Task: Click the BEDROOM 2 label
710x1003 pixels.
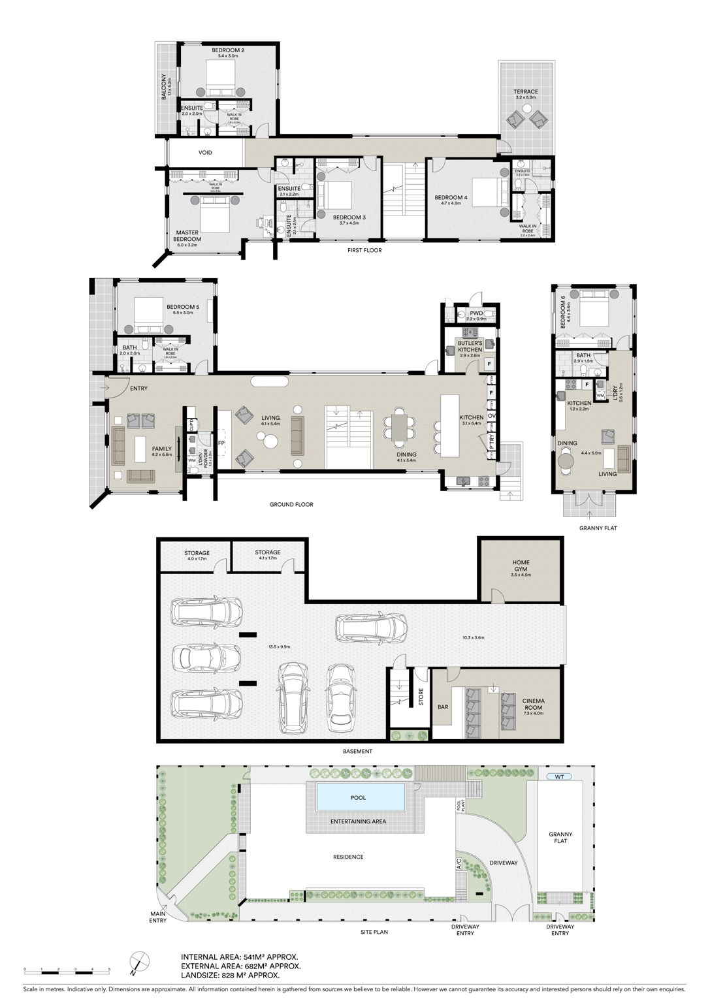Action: click(x=228, y=50)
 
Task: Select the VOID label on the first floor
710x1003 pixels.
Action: click(x=205, y=153)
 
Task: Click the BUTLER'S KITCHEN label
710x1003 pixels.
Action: click(x=470, y=346)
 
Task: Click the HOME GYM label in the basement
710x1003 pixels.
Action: click(x=521, y=565)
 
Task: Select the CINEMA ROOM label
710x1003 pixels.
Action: click(x=533, y=705)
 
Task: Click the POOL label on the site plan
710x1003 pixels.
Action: click(x=359, y=797)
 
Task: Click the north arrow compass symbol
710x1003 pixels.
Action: click(x=138, y=961)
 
